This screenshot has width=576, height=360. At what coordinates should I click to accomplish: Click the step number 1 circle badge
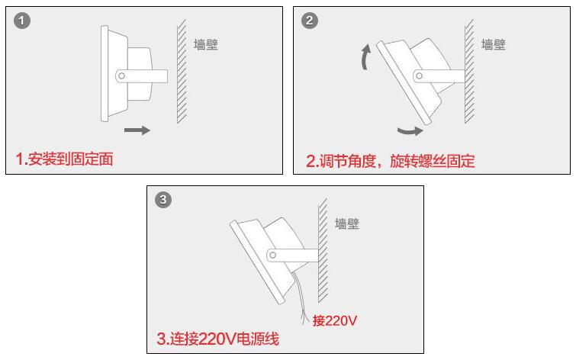point(24,21)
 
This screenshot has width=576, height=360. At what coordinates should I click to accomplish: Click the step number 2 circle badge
point(310,21)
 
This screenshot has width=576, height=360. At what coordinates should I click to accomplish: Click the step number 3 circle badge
point(163,201)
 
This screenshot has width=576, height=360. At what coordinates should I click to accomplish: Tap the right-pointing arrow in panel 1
point(137,130)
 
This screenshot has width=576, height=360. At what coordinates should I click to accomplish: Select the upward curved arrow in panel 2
point(367,57)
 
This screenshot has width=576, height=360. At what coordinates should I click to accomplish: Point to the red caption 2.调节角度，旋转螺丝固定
point(390,160)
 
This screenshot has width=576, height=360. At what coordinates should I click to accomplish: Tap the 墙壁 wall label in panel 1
point(206,45)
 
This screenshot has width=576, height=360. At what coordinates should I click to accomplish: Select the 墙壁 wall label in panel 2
point(493,45)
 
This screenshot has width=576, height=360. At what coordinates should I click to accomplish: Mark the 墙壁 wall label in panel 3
point(347,224)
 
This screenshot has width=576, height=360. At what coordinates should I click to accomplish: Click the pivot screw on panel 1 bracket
point(121,76)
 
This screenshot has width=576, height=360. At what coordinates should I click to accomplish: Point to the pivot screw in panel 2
point(418,76)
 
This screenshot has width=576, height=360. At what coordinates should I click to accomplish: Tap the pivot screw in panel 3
point(272,255)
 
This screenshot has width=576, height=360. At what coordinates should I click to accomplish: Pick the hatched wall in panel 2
point(468,72)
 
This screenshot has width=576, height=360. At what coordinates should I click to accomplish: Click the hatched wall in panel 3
point(322,252)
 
